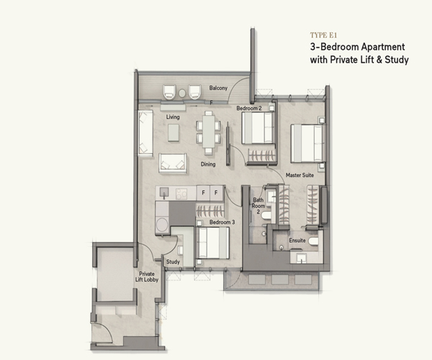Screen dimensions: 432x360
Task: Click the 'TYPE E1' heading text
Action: [x=323, y=35]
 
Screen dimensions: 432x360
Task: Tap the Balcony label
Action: [x=218, y=88]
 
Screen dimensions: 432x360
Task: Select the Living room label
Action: [x=173, y=117]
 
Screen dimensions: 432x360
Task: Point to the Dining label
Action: [x=208, y=164]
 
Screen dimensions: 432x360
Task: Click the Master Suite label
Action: [x=300, y=175]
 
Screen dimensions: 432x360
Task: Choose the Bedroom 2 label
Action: [x=249, y=108]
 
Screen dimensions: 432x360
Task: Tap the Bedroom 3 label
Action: [x=222, y=222]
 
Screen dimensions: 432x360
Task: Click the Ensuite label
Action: [x=297, y=240]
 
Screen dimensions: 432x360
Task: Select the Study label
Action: [x=173, y=261]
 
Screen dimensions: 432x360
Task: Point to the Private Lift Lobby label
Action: [x=147, y=276]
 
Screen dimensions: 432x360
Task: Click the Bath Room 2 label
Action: [x=258, y=206]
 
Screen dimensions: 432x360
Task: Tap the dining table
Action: [x=209, y=132]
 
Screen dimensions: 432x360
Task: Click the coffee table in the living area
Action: [x=174, y=132]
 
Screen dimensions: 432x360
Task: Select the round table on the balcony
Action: [x=182, y=93]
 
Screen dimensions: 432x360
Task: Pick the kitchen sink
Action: [x=164, y=192]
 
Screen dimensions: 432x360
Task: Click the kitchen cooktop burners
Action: [x=181, y=194]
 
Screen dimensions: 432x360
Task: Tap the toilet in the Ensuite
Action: [x=313, y=241]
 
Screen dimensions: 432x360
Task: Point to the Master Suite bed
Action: [x=307, y=143]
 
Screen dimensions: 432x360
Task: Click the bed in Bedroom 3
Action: [x=214, y=243]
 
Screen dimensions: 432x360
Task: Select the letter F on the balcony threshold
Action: [x=211, y=102]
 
